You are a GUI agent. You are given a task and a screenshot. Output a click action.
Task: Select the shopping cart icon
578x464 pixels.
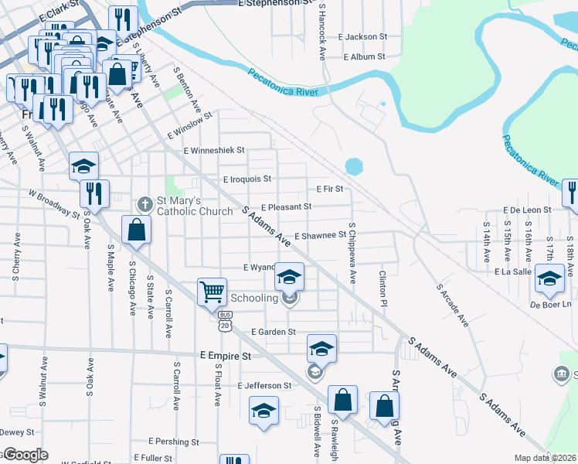(212, 292)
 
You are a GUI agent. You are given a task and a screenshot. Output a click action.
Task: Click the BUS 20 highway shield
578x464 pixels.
(225, 321)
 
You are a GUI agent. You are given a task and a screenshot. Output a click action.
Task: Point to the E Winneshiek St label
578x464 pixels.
(213, 150)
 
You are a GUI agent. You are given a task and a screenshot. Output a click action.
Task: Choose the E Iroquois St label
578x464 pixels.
(247, 179)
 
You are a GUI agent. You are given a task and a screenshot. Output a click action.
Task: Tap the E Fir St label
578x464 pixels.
(329, 189)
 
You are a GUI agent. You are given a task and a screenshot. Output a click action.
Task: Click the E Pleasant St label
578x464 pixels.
(286, 207)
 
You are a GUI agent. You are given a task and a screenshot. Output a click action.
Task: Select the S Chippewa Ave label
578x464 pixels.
(352, 254)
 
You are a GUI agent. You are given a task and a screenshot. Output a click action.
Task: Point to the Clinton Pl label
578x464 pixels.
(382, 287)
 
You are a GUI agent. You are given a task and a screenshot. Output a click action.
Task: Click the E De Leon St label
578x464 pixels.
(526, 210)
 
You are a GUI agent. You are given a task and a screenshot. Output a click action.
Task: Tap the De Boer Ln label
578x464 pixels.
(549, 305)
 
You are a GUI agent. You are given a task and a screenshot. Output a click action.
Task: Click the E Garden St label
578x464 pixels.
(274, 332)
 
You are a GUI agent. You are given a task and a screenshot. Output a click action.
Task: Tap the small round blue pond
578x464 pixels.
(353, 166)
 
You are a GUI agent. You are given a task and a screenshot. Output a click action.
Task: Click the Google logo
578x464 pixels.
(25, 455)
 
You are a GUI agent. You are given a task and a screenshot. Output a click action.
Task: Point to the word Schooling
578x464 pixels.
(254, 298)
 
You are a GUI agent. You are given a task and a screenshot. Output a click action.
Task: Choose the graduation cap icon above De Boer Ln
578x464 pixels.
(549, 279)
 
